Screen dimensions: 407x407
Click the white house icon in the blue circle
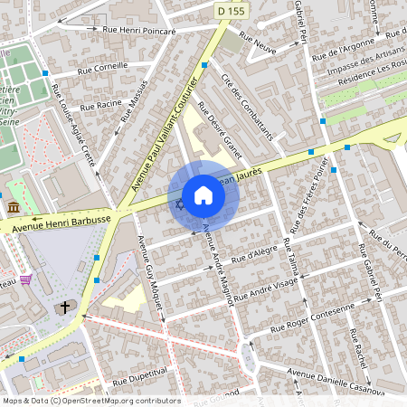click(203, 195)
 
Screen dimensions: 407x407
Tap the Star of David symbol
click(179, 205)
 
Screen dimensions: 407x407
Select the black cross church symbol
click(65, 308)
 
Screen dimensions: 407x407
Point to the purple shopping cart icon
click(25, 280)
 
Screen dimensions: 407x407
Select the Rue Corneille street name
click(102, 68)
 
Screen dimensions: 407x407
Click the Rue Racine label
click(101, 105)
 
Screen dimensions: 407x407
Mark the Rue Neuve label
click(258, 42)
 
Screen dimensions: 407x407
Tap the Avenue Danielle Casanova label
click(336, 374)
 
